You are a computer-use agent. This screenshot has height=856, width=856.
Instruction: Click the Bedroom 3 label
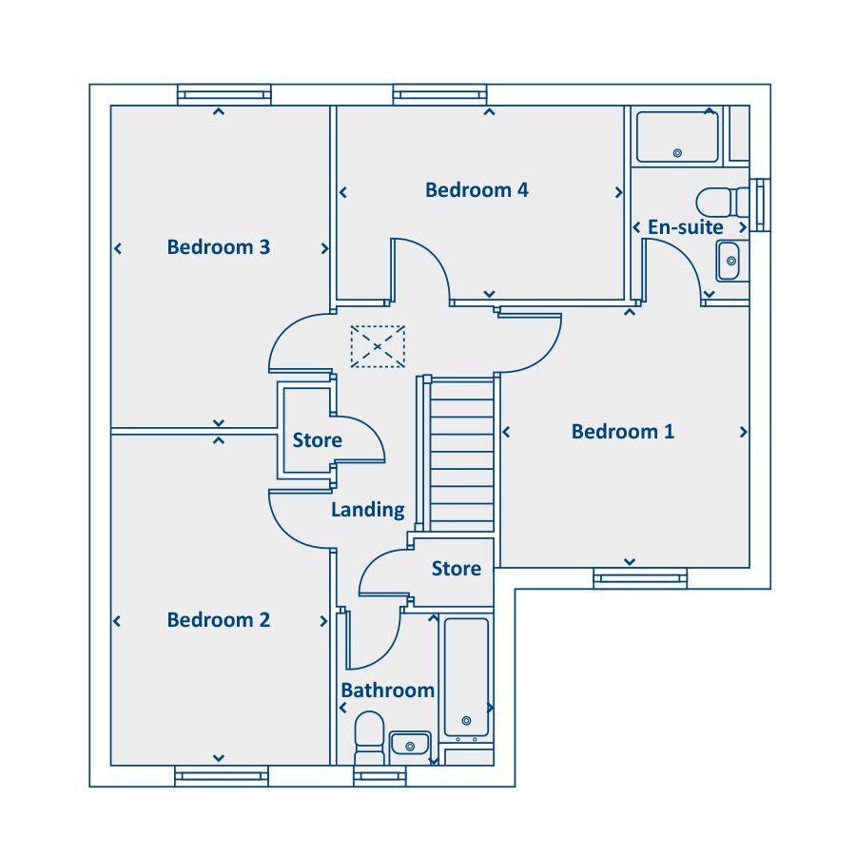click(x=219, y=247)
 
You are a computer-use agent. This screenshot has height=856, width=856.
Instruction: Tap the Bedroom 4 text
click(x=477, y=190)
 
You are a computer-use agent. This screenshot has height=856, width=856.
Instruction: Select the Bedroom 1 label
click(x=623, y=432)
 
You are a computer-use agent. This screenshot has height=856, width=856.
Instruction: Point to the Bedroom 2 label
click(x=219, y=620)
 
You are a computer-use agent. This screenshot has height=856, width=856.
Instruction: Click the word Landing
click(x=368, y=510)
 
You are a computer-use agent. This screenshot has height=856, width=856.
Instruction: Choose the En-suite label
click(x=686, y=227)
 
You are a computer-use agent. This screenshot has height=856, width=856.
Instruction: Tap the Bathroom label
click(x=388, y=691)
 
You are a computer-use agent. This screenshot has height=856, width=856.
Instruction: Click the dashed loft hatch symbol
click(x=378, y=346)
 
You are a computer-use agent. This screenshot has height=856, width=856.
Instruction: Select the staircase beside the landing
click(x=462, y=455)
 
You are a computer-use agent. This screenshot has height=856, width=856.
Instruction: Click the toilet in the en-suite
click(x=722, y=203)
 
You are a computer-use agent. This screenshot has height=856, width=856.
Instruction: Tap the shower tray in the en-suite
click(x=677, y=137)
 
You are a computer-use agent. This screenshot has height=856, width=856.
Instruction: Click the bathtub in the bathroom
click(x=466, y=677)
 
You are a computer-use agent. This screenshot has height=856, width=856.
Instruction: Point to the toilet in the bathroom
click(x=370, y=737)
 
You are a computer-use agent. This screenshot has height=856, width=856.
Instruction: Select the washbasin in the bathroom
click(x=410, y=744)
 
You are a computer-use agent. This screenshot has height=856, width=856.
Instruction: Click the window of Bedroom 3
click(x=224, y=94)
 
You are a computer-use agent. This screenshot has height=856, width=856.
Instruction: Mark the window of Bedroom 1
click(x=640, y=578)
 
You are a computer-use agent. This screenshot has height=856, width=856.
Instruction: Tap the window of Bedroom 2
click(x=222, y=776)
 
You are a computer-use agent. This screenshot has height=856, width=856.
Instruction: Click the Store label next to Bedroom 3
click(x=317, y=440)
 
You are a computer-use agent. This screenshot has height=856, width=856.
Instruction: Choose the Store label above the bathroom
click(x=457, y=569)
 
